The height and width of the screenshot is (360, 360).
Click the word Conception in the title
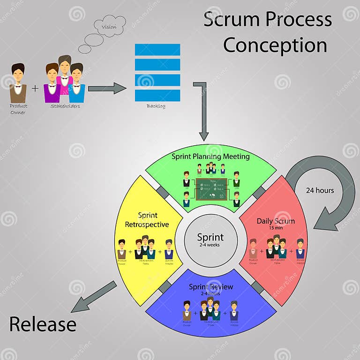pyautogui.click(x=275, y=45)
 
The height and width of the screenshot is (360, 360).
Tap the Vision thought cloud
pyautogui.click(x=109, y=27)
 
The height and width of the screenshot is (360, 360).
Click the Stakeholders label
pyautogui.click(x=65, y=106)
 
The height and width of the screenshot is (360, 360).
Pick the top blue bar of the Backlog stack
pyautogui.click(x=157, y=50)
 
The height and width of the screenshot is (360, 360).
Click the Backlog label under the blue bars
pyautogui.click(x=156, y=106)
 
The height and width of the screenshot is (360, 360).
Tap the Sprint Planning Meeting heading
pyautogui.click(x=210, y=157)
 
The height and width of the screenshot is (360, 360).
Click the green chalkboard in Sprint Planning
pyautogui.click(x=211, y=188)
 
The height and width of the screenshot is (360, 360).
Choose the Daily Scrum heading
pyautogui.click(x=276, y=221)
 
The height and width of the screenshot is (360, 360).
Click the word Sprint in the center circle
pyautogui.click(x=210, y=237)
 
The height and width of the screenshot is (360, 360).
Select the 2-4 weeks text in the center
pyautogui.click(x=210, y=245)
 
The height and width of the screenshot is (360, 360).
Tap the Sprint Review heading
pyautogui.click(x=210, y=287)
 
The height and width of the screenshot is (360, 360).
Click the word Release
pyautogui.click(x=43, y=324)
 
